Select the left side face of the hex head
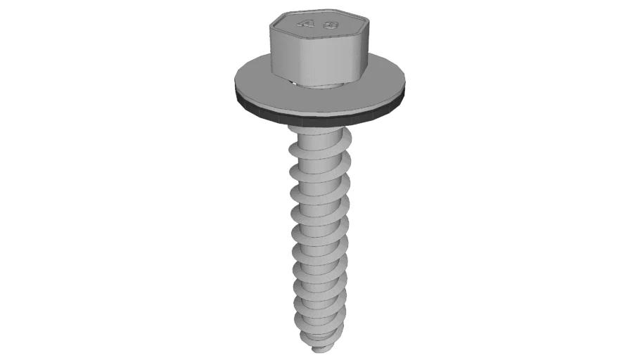click(x=280, y=49)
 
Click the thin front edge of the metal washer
click(x=320, y=110)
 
